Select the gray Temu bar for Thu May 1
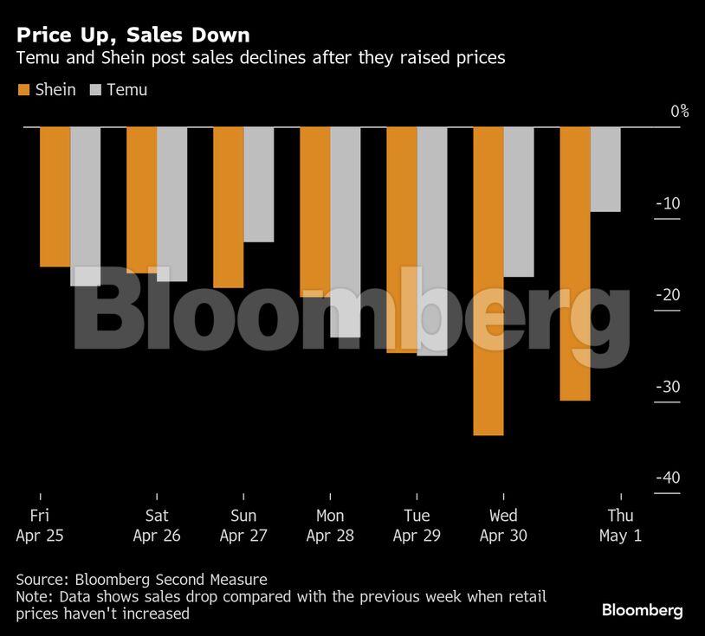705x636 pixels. pos(605,170)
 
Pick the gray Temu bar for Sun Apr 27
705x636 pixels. pos(259,184)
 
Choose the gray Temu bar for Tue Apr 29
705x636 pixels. pos(432,241)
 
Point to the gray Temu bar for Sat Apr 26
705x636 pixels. pos(172,204)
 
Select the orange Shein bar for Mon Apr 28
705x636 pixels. pos(315,212)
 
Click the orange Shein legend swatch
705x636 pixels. pos(23,90)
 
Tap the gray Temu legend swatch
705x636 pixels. pos(95,90)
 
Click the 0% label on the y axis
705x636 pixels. pos(679,111)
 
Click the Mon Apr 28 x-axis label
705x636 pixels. pos(330,526)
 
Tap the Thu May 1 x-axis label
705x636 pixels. pos(620,526)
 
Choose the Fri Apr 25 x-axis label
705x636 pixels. pos(40,526)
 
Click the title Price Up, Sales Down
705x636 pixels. pos(133,35)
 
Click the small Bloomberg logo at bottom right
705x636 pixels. pos(642,611)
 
